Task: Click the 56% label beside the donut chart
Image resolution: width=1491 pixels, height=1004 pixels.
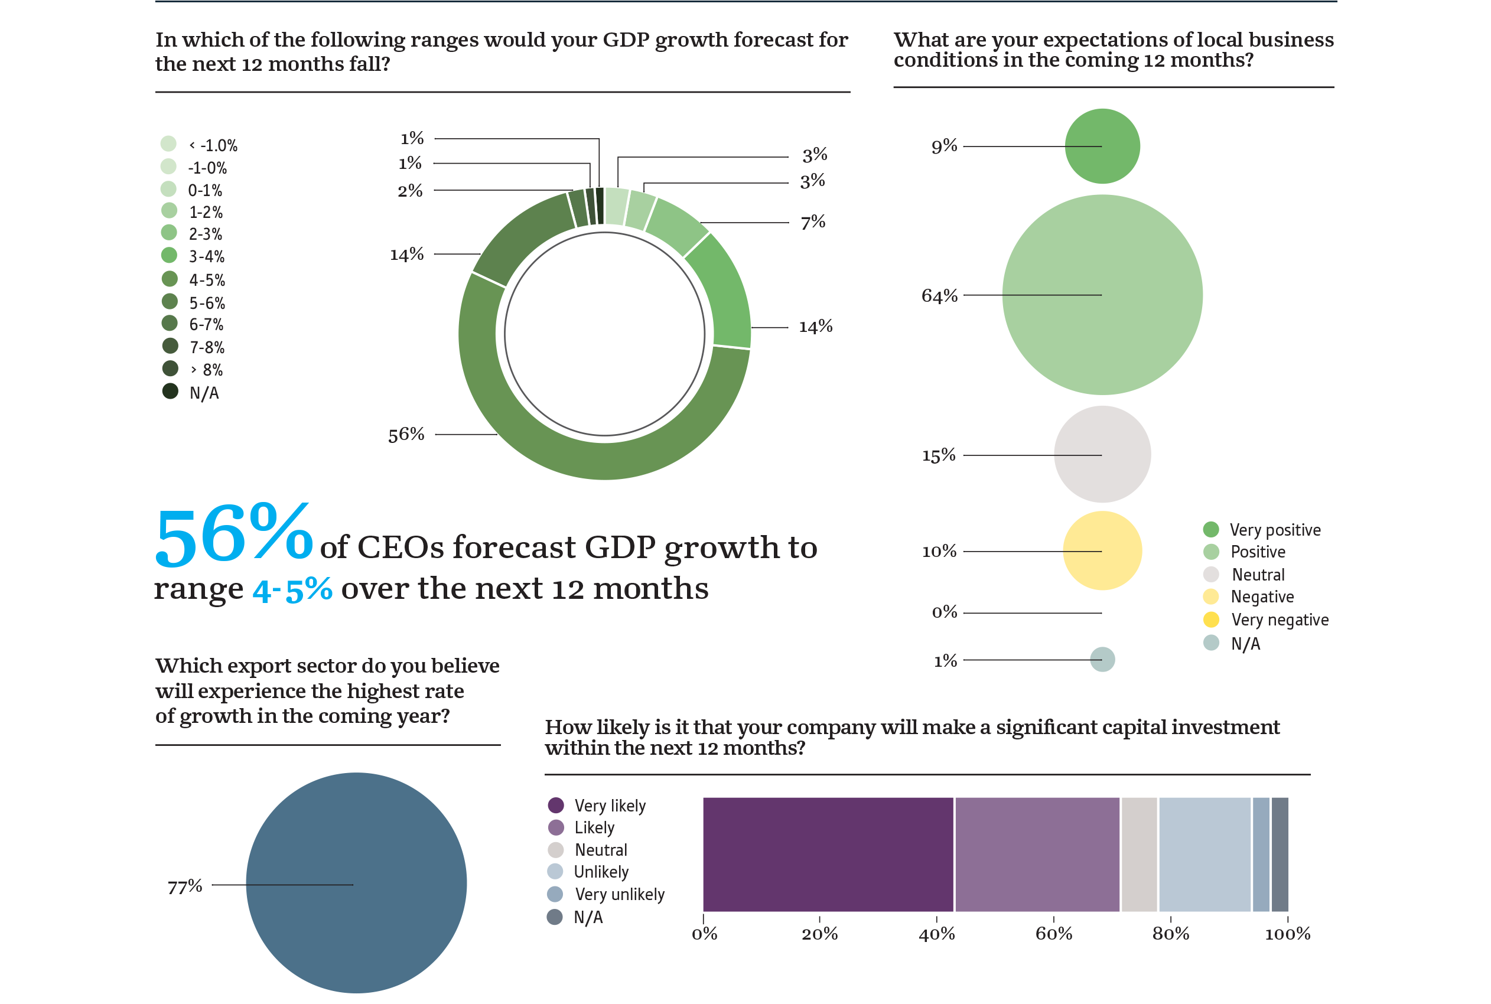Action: coord(405,435)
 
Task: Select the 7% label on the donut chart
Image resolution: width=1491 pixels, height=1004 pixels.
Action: coord(812,222)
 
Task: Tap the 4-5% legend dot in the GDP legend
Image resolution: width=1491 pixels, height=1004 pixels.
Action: coord(170,279)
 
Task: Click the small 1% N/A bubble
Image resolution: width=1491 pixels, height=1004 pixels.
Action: coord(1102,660)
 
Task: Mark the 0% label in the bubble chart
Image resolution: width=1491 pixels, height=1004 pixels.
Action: coord(943,612)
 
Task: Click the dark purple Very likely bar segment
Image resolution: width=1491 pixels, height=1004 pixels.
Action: coord(828,853)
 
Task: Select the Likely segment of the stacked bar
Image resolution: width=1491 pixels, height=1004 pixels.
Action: coord(1037,853)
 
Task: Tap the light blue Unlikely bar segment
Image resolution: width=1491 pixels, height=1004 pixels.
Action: coord(1204,853)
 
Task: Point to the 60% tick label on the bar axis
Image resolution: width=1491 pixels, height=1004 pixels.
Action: coord(1053,934)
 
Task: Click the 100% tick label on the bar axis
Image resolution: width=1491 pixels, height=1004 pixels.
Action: coord(1287,934)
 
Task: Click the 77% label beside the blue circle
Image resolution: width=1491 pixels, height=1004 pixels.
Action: coord(184,887)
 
